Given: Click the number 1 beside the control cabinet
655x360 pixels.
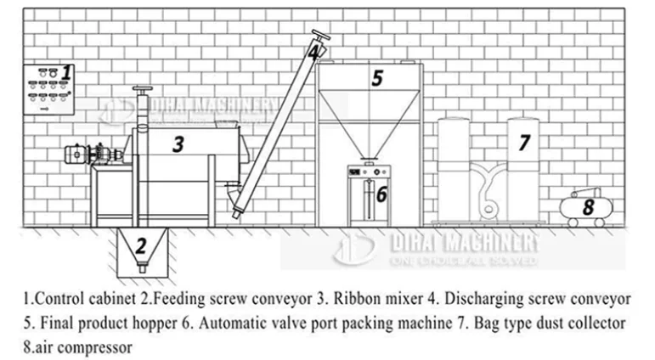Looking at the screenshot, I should tap(67, 73).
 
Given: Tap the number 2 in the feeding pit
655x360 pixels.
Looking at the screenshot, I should tap(142, 246).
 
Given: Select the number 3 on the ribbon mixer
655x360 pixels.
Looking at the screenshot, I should tap(178, 143).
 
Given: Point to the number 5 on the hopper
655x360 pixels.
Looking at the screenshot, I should tap(377, 79).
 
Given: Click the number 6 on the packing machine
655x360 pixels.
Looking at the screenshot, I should tap(381, 194).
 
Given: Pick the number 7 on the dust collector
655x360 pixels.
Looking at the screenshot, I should tap(524, 142).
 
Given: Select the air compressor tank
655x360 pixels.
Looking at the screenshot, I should tap(586, 207).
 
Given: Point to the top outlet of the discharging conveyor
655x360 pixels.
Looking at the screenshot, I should tap(319, 37).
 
